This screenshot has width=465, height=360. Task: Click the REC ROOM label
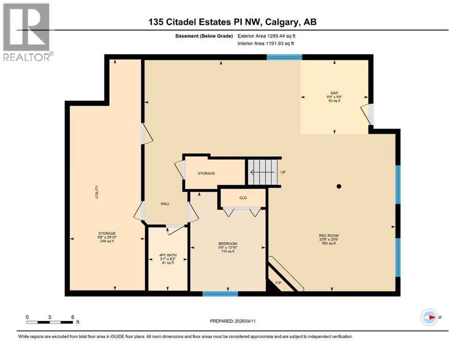tap(328, 236)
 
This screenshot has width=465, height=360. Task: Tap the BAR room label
tap(333, 93)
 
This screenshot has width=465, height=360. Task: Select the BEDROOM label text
tap(228, 244)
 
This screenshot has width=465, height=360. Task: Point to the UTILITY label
tap(97, 192)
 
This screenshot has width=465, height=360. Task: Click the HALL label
tap(165, 204)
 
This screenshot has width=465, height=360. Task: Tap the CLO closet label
tap(243, 198)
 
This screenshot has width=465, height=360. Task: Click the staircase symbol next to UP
tap(262, 172)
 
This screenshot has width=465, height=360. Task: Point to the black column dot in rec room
tap(339, 187)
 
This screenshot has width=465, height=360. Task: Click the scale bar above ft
tap(50, 322)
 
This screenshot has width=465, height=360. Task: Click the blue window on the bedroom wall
tap(220, 294)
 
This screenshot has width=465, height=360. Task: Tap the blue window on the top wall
tap(284, 57)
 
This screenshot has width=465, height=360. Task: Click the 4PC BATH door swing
tap(175, 229)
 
